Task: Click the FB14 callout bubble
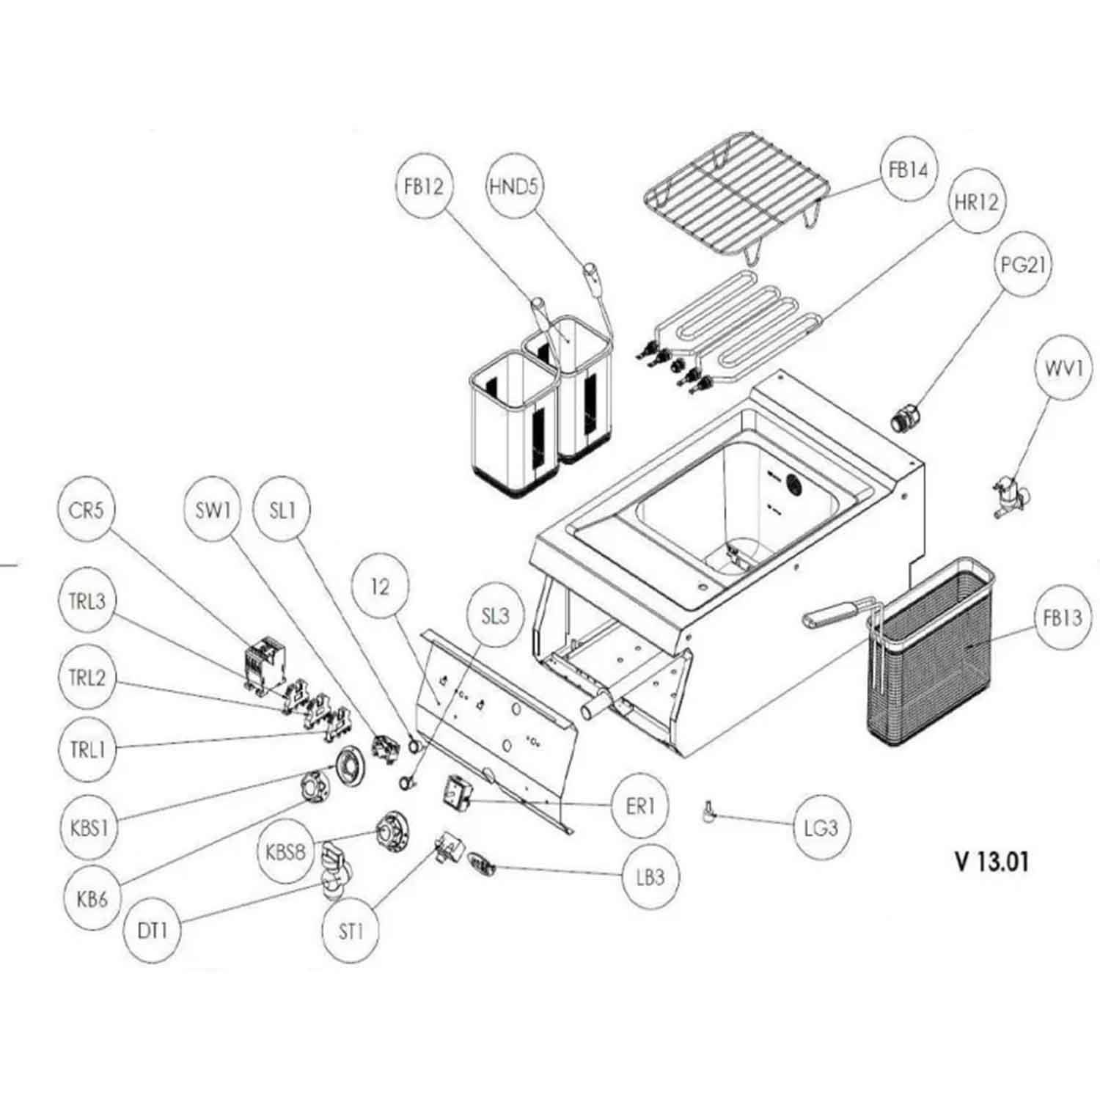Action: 909,170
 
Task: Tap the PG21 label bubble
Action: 1022,265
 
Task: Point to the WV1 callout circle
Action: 1063,368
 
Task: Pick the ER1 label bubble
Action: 640,807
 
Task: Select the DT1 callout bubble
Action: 153,931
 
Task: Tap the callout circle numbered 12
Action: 380,587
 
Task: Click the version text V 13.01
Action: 991,862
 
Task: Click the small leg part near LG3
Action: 709,811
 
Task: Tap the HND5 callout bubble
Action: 513,186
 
